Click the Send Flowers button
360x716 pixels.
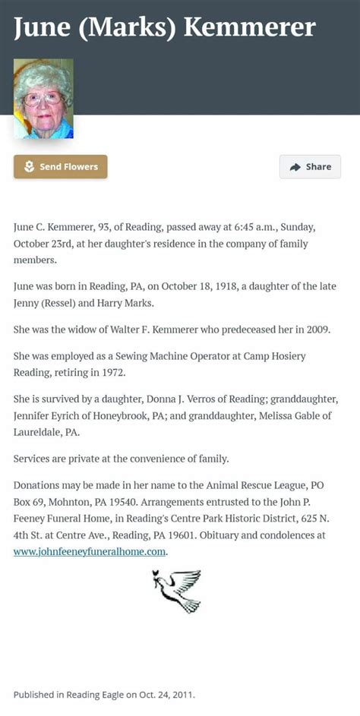[61, 166]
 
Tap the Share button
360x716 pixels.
[310, 166]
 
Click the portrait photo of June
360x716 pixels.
[43, 99]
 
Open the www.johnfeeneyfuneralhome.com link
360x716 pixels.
[90, 552]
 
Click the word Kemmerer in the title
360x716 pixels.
[250, 28]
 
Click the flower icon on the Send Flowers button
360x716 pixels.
[29, 166]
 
